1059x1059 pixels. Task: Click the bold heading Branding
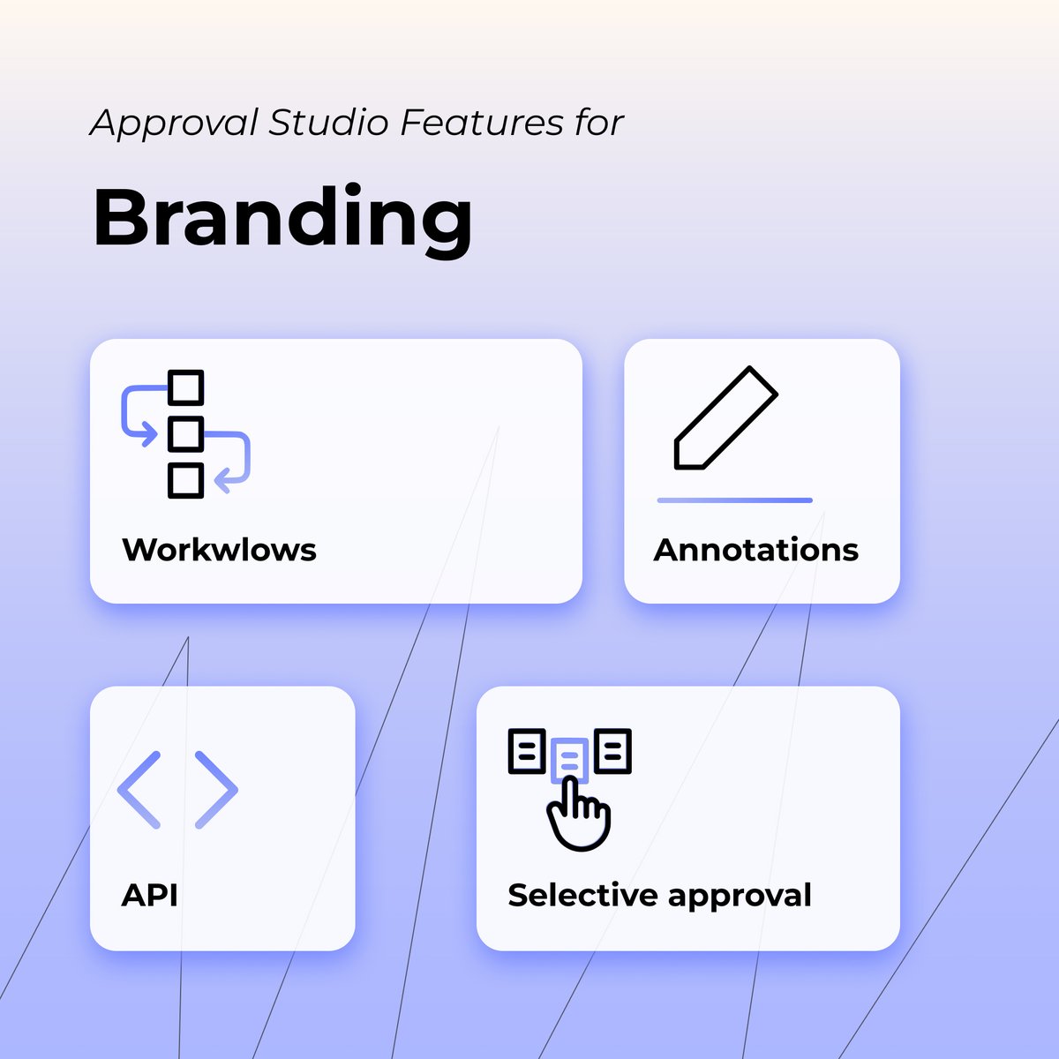[x=282, y=219]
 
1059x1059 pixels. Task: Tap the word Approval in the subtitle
[x=174, y=124]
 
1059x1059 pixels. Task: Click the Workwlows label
[x=219, y=550]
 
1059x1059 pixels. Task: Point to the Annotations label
[x=755, y=550]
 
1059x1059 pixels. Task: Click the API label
[x=149, y=895]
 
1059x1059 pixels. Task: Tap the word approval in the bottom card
[x=740, y=897]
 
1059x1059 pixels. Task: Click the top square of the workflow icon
[x=185, y=387]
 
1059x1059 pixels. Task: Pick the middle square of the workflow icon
[x=185, y=433]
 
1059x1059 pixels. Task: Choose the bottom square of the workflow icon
[x=185, y=480]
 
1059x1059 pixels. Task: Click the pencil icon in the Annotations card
[x=725, y=417]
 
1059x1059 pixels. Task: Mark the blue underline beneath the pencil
[x=734, y=500]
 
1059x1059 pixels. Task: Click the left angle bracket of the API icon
[x=139, y=789]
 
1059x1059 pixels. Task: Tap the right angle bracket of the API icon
[x=216, y=789]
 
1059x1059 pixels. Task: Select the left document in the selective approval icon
[x=527, y=751]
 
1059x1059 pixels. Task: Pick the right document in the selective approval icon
[x=612, y=751]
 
